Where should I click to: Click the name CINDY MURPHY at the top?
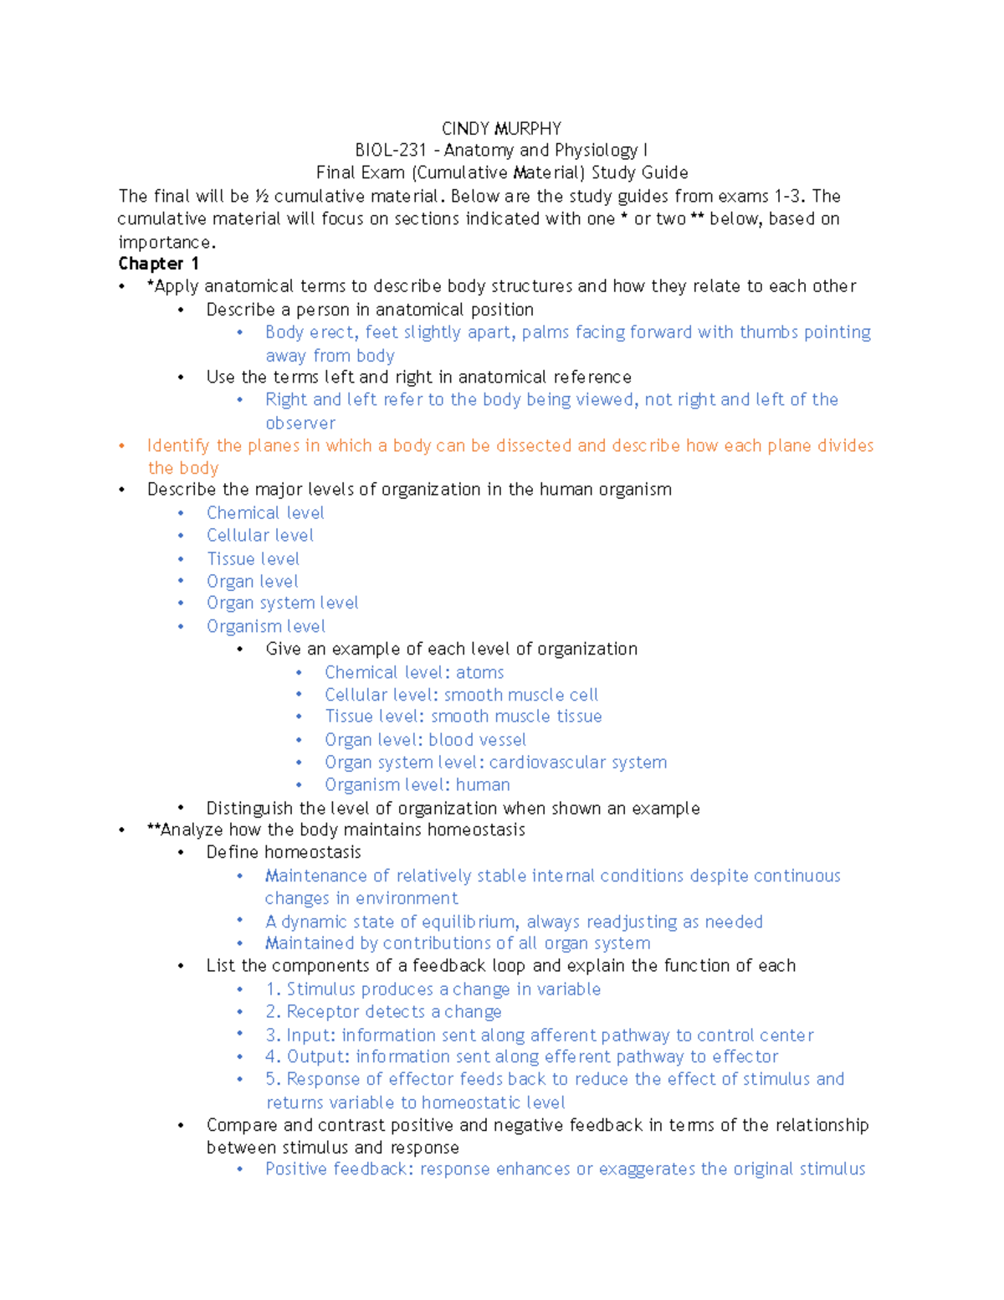(x=501, y=128)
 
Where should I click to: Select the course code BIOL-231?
(x=391, y=151)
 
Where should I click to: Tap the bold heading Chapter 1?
(x=158, y=264)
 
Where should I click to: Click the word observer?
(x=300, y=424)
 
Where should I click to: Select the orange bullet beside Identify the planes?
(x=122, y=446)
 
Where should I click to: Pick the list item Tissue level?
(x=253, y=559)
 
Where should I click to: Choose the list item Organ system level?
(x=282, y=604)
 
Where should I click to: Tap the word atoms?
(x=479, y=673)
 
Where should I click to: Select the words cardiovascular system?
(x=578, y=763)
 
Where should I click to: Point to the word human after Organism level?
(x=483, y=785)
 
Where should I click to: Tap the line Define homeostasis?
(x=284, y=852)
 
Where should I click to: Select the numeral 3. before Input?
(x=273, y=1035)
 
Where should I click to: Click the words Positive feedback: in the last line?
(x=340, y=1169)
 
